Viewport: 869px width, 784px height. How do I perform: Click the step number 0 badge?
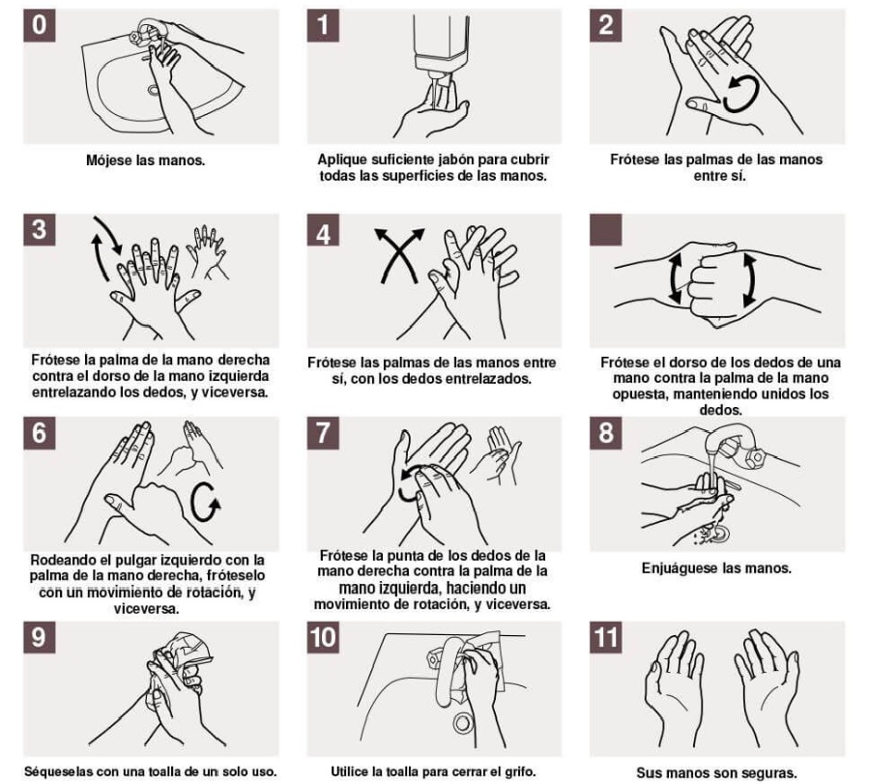(x=39, y=25)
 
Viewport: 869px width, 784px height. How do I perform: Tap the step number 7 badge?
(x=323, y=433)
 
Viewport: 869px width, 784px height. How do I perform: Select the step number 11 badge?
(x=606, y=637)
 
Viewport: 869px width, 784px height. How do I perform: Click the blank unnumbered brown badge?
(x=606, y=229)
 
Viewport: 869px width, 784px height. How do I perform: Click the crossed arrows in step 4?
(x=399, y=255)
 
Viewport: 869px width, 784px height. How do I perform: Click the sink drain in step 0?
(x=153, y=89)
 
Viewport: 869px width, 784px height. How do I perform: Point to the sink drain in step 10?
(x=462, y=722)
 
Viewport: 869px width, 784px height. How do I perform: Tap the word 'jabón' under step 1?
(x=457, y=160)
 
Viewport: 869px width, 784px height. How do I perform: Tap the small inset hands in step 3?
(x=208, y=250)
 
